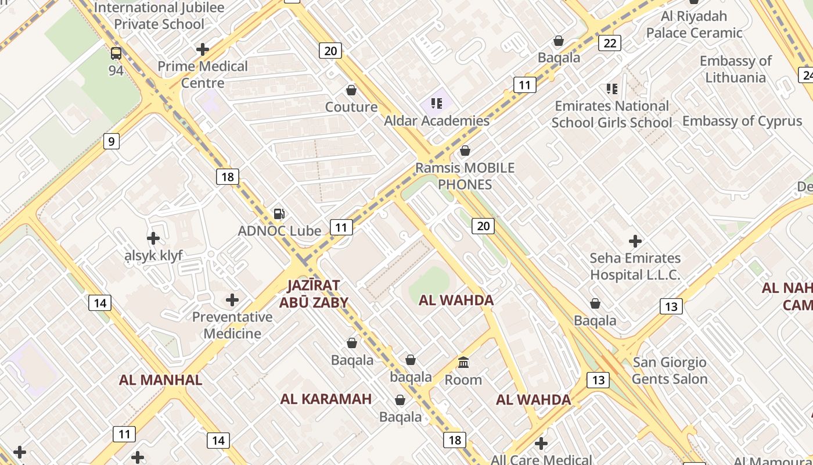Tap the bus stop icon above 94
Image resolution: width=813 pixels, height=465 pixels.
116,53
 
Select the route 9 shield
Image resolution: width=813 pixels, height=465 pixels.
111,141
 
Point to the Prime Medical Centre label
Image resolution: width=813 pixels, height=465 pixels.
203,74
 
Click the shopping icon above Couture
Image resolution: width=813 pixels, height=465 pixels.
351,90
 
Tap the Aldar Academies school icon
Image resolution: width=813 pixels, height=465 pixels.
437,103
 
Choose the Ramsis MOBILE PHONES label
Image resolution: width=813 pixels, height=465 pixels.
465,176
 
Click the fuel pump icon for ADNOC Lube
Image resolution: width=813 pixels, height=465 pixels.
279,213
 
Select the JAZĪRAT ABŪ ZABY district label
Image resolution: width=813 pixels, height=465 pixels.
314,294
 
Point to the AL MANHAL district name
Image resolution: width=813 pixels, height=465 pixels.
161,380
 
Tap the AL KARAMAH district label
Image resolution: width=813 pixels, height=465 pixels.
326,399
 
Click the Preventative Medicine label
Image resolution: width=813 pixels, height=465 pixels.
232,325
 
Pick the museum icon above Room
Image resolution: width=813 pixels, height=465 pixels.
463,363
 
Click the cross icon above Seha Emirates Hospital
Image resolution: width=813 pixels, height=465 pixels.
635,241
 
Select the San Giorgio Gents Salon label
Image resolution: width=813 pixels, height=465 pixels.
670,371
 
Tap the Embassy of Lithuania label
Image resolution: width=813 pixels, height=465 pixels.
735,69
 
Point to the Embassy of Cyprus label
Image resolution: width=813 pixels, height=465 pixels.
742,121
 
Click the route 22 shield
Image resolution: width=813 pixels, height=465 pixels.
610,42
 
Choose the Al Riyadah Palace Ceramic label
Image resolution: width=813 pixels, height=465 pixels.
694,24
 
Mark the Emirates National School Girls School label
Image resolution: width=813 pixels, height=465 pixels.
611,114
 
